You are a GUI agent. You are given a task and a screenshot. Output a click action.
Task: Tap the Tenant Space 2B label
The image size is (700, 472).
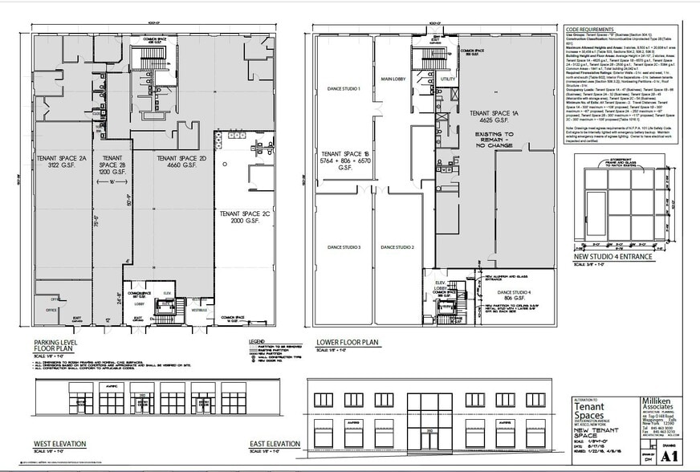tap(112, 164)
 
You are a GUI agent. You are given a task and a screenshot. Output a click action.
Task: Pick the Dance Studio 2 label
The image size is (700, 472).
tap(397, 247)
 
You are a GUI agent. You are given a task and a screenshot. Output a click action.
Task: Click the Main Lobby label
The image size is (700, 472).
tap(397, 79)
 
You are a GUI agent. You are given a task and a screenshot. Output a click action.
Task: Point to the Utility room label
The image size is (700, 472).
tap(446, 79)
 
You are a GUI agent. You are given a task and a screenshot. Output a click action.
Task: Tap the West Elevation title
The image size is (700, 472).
tap(59, 444)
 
